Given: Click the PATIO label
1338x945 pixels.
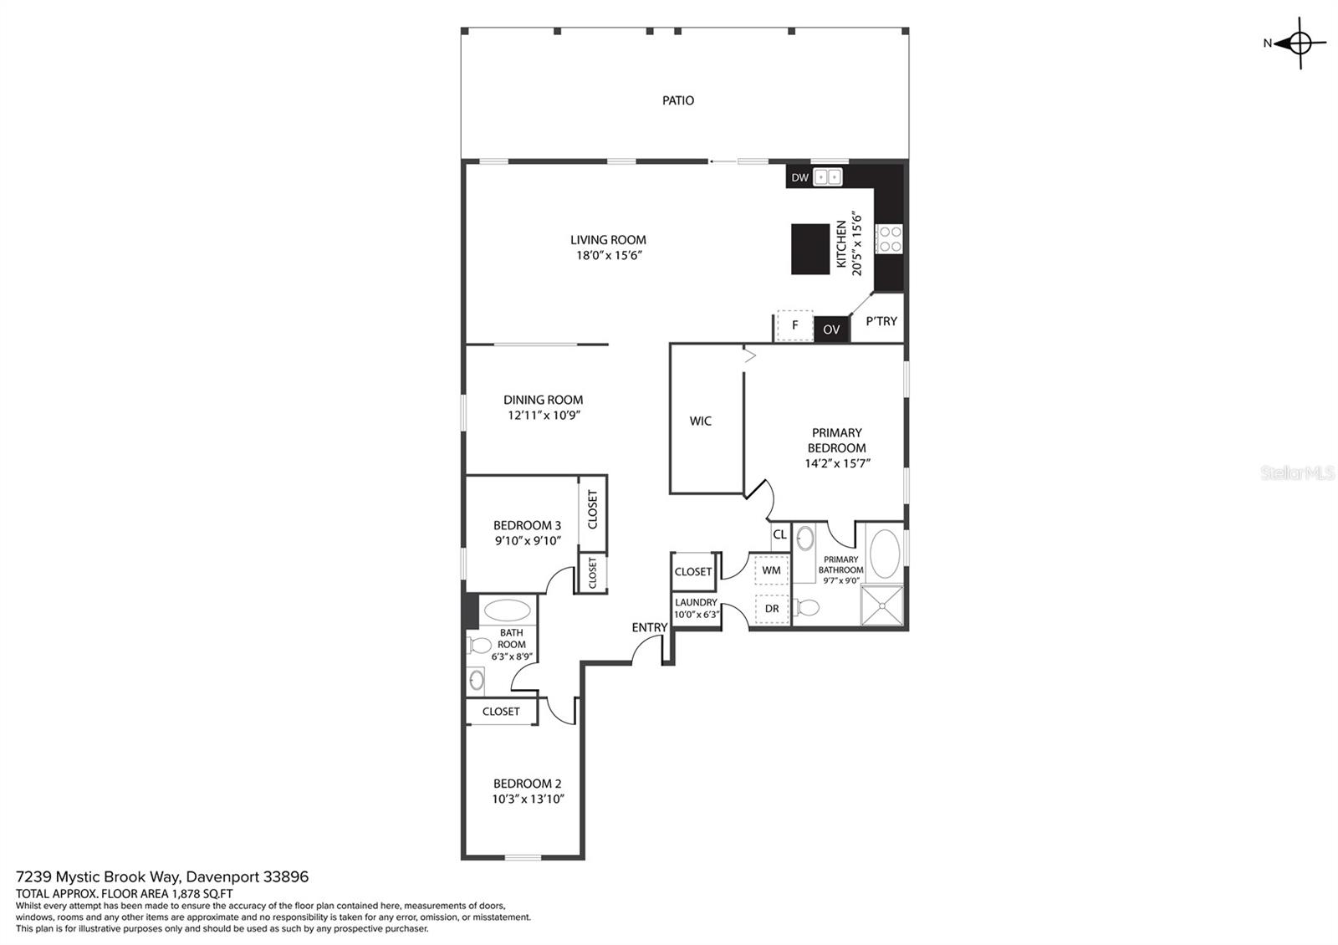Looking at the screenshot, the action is click(x=678, y=100).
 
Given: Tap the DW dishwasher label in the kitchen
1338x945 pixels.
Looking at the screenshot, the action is click(x=799, y=177).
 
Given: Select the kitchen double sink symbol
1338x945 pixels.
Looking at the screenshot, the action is click(x=828, y=176).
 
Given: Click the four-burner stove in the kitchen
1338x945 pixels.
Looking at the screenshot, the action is click(x=889, y=239).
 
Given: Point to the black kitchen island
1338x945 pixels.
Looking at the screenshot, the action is click(x=810, y=249).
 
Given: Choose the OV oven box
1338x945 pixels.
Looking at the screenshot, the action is click(x=831, y=329).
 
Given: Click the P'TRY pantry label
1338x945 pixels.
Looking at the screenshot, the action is click(x=881, y=321).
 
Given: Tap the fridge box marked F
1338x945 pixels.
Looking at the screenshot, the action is click(x=794, y=325).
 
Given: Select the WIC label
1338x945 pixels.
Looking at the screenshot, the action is click(x=701, y=421).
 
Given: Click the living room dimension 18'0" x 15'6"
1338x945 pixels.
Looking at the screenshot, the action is click(x=609, y=256).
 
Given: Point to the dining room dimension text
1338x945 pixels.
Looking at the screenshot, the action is click(x=544, y=415).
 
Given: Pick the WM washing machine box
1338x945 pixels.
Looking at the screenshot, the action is click(x=771, y=570).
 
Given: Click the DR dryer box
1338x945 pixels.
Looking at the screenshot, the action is click(x=772, y=609).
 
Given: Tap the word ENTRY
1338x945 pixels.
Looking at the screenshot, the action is click(x=649, y=628).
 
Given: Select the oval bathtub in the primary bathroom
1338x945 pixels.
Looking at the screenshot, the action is click(x=885, y=553).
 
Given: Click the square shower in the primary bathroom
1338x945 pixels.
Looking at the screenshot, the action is click(x=881, y=605).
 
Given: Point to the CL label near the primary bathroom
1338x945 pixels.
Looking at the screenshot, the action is click(x=779, y=534).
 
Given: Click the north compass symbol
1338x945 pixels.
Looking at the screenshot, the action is click(x=1300, y=43).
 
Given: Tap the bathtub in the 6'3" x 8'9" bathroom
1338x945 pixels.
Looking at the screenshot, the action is click(x=507, y=610).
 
